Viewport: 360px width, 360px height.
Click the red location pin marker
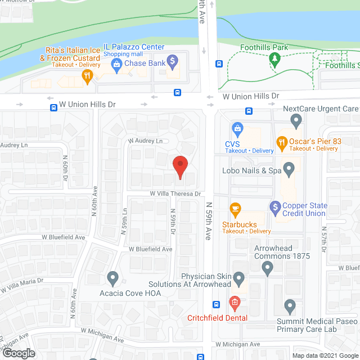click(x=180, y=166)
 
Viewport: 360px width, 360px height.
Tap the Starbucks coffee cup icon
click(x=236, y=209)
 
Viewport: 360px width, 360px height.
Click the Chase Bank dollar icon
click(x=173, y=60)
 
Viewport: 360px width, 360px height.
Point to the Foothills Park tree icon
click(x=274, y=60)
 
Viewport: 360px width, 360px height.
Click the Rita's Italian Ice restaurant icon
click(x=87, y=78)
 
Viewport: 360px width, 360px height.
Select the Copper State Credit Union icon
click(x=275, y=208)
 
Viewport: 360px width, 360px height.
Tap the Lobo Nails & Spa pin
click(x=289, y=168)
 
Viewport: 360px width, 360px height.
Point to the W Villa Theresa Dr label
click(x=175, y=193)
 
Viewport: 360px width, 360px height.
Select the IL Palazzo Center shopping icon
click(x=117, y=66)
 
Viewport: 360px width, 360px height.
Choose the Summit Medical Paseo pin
click(x=290, y=307)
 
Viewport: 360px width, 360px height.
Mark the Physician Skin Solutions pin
click(x=238, y=278)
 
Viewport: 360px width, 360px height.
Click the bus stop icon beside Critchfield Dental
click(x=217, y=305)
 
